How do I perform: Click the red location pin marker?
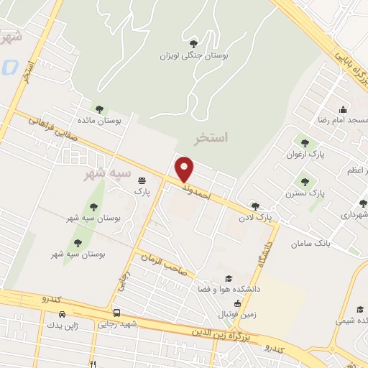pyautogui.click(x=185, y=170)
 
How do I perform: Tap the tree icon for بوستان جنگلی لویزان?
pyautogui.click(x=195, y=43)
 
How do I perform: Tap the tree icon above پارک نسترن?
pyautogui.click(x=305, y=182)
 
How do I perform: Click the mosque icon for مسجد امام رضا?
pyautogui.click(x=344, y=110)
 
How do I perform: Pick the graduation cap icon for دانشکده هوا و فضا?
pyautogui.click(x=229, y=278)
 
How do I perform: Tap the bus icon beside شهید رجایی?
pyautogui.click(x=116, y=313)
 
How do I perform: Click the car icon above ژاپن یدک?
pyautogui.click(x=62, y=314)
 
